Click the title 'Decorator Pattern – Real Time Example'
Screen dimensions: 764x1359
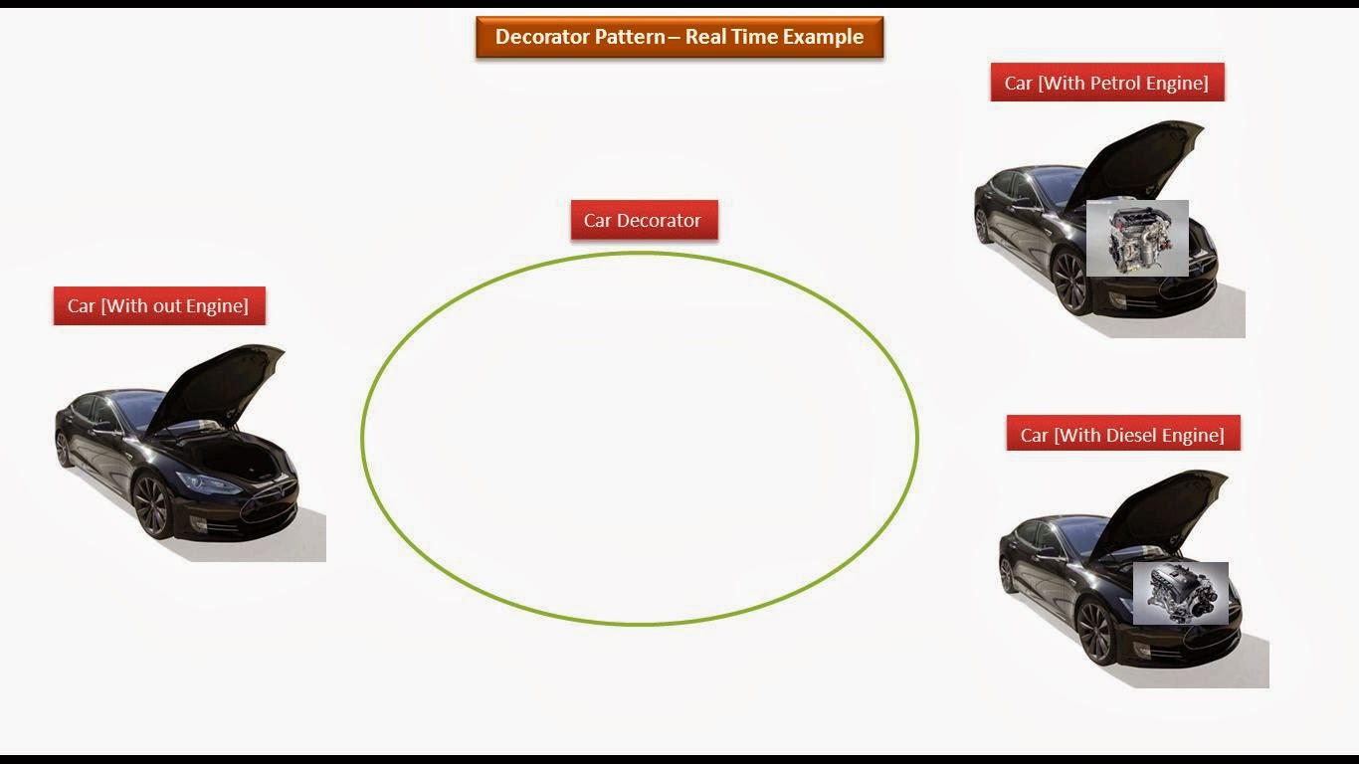[679, 38]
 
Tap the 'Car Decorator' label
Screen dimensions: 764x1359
[643, 221]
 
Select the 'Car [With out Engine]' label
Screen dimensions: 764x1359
[158, 306]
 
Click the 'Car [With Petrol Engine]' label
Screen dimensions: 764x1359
[1106, 83]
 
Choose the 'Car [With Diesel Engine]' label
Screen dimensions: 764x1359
[1122, 435]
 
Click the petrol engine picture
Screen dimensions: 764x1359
[1137, 238]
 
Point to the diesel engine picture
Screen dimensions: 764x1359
[1180, 593]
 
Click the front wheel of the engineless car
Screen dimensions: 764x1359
[152, 505]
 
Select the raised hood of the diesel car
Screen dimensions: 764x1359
[1164, 508]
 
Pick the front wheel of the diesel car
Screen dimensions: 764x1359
[1094, 632]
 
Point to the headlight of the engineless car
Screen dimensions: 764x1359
[207, 483]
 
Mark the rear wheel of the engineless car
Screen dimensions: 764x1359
[64, 449]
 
